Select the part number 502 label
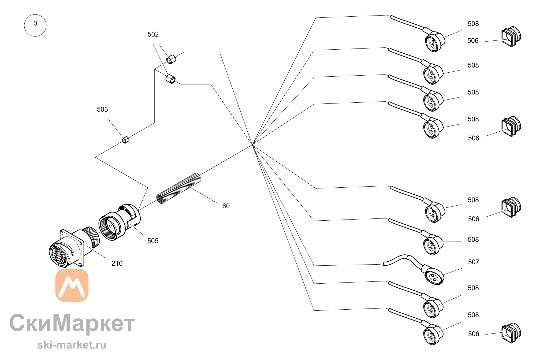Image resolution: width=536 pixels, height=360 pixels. pos(153,34)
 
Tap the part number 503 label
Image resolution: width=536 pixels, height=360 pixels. pos(102,109)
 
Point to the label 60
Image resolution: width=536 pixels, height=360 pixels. pos(226,206)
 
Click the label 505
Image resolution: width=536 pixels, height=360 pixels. pos(153,241)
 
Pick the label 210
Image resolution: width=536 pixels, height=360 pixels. pos(117,263)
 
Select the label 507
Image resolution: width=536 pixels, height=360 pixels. pos(473,262)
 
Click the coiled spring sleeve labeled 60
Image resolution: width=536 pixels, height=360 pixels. pos(178,188)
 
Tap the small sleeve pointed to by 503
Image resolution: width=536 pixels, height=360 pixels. pos(125,140)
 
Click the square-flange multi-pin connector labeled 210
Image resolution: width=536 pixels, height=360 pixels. pos(74,248)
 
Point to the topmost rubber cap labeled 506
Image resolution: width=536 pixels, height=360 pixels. pos(511,36)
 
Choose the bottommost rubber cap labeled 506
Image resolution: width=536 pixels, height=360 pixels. pos(511,333)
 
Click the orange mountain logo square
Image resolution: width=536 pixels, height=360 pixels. pos(72,285)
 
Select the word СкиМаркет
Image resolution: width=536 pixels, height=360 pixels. pos(72,323)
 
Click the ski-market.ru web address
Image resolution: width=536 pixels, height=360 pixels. pos(72,345)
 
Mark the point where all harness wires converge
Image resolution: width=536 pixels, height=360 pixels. pos(252,144)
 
